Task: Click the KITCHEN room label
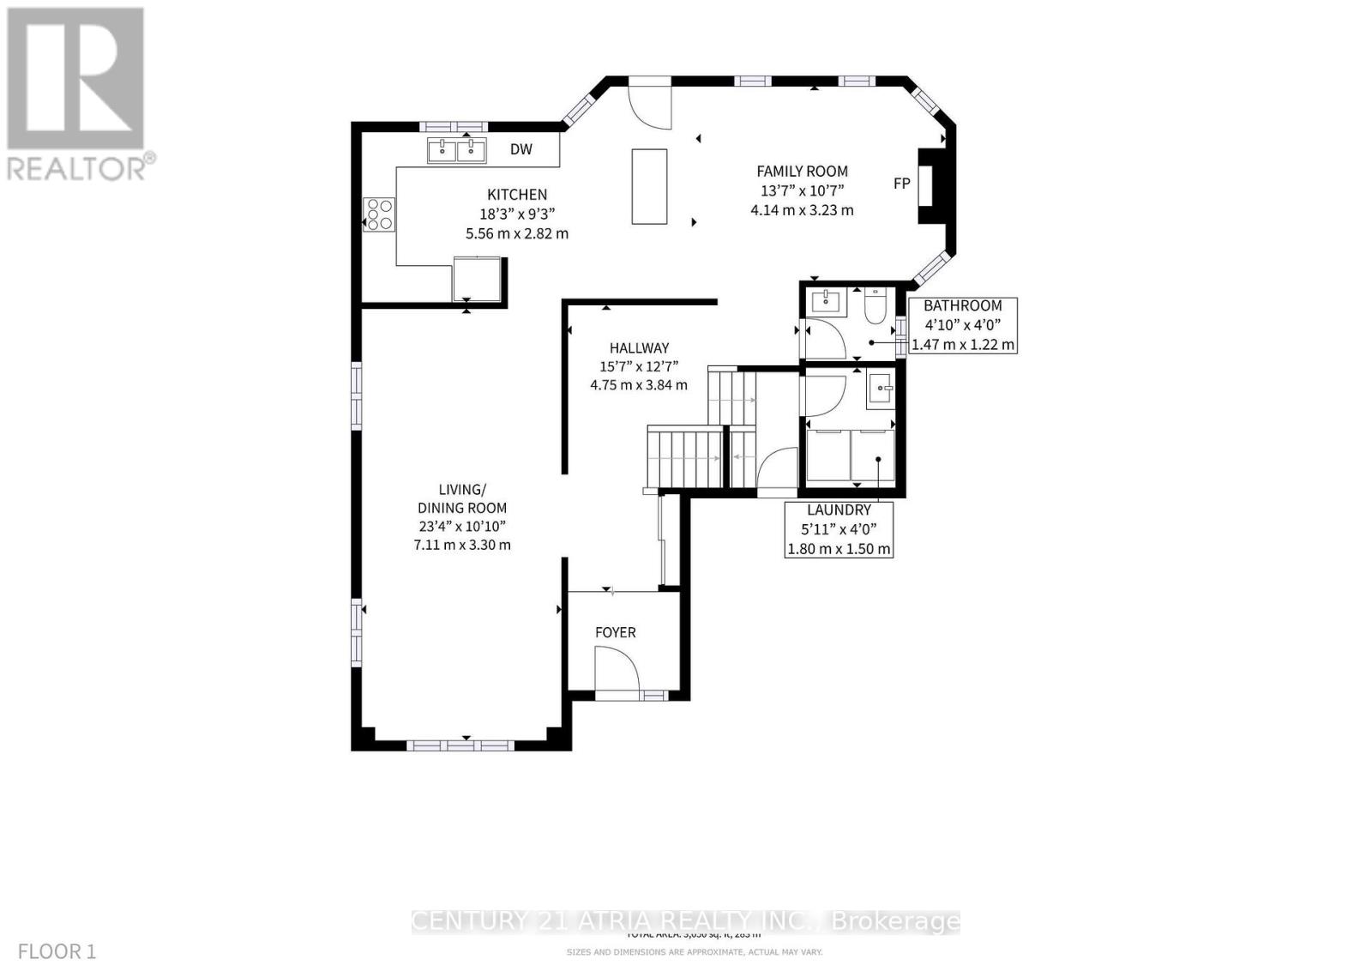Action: click(517, 195)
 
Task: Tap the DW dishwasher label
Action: click(521, 149)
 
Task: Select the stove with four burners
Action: click(379, 214)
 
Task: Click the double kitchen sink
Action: click(456, 151)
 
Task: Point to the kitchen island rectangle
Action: click(649, 186)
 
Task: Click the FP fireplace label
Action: click(901, 184)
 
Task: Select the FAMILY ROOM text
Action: click(802, 172)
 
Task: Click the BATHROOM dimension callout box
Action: click(963, 325)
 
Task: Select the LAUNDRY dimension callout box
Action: click(839, 529)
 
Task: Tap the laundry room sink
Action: click(881, 389)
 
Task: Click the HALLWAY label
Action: click(639, 348)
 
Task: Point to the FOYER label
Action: click(616, 632)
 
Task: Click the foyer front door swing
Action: click(615, 669)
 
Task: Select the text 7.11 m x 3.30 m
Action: click(462, 545)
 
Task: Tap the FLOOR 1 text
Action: click(57, 951)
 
